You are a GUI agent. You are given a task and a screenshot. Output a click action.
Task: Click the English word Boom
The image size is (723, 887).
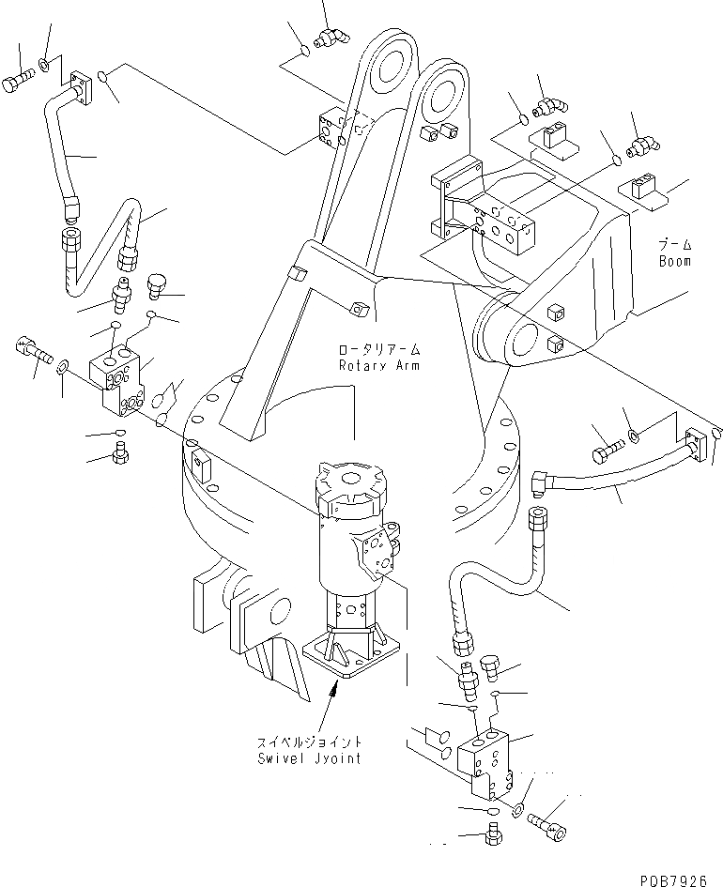(x=674, y=261)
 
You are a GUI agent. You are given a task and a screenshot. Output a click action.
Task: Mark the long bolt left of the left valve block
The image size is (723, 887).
(x=34, y=354)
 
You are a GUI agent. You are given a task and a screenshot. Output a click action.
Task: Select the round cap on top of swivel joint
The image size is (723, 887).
(x=353, y=479)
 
